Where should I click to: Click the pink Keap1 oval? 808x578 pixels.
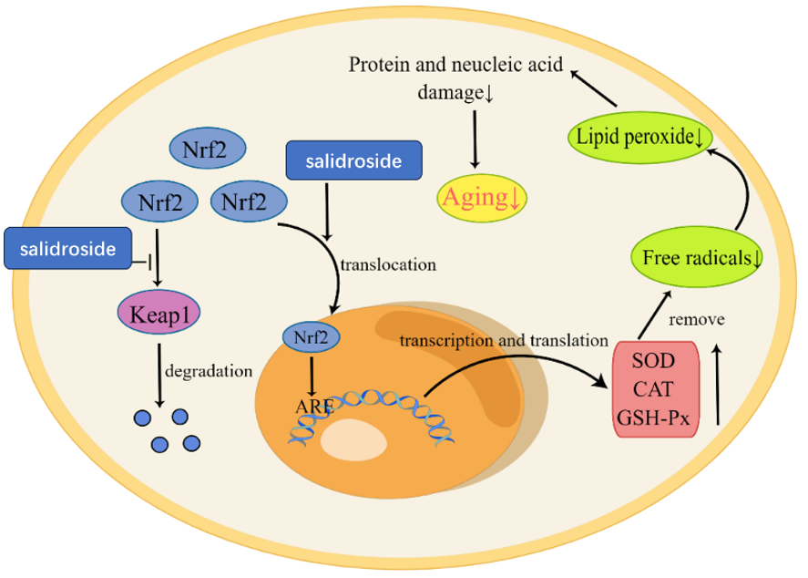[x=160, y=315]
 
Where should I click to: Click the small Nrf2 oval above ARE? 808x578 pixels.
[x=313, y=336]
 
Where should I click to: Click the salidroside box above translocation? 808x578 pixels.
[x=354, y=161]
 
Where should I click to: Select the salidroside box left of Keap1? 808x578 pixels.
[x=66, y=249]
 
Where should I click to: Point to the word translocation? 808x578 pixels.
[x=388, y=266]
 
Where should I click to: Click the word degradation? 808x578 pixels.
[x=209, y=372]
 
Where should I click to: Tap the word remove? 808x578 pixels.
[x=696, y=321]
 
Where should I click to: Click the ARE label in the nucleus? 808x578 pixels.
[x=306, y=405]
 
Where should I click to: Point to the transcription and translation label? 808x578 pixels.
[x=503, y=341]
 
